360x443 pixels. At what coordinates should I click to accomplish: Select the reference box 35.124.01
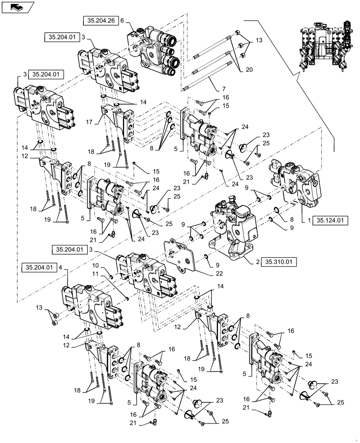333,219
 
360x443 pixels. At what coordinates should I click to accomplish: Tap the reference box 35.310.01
278,262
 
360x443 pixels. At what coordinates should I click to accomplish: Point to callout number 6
122,21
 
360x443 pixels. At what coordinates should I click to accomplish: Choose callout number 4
67,268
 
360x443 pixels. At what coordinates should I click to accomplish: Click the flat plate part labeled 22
180,257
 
